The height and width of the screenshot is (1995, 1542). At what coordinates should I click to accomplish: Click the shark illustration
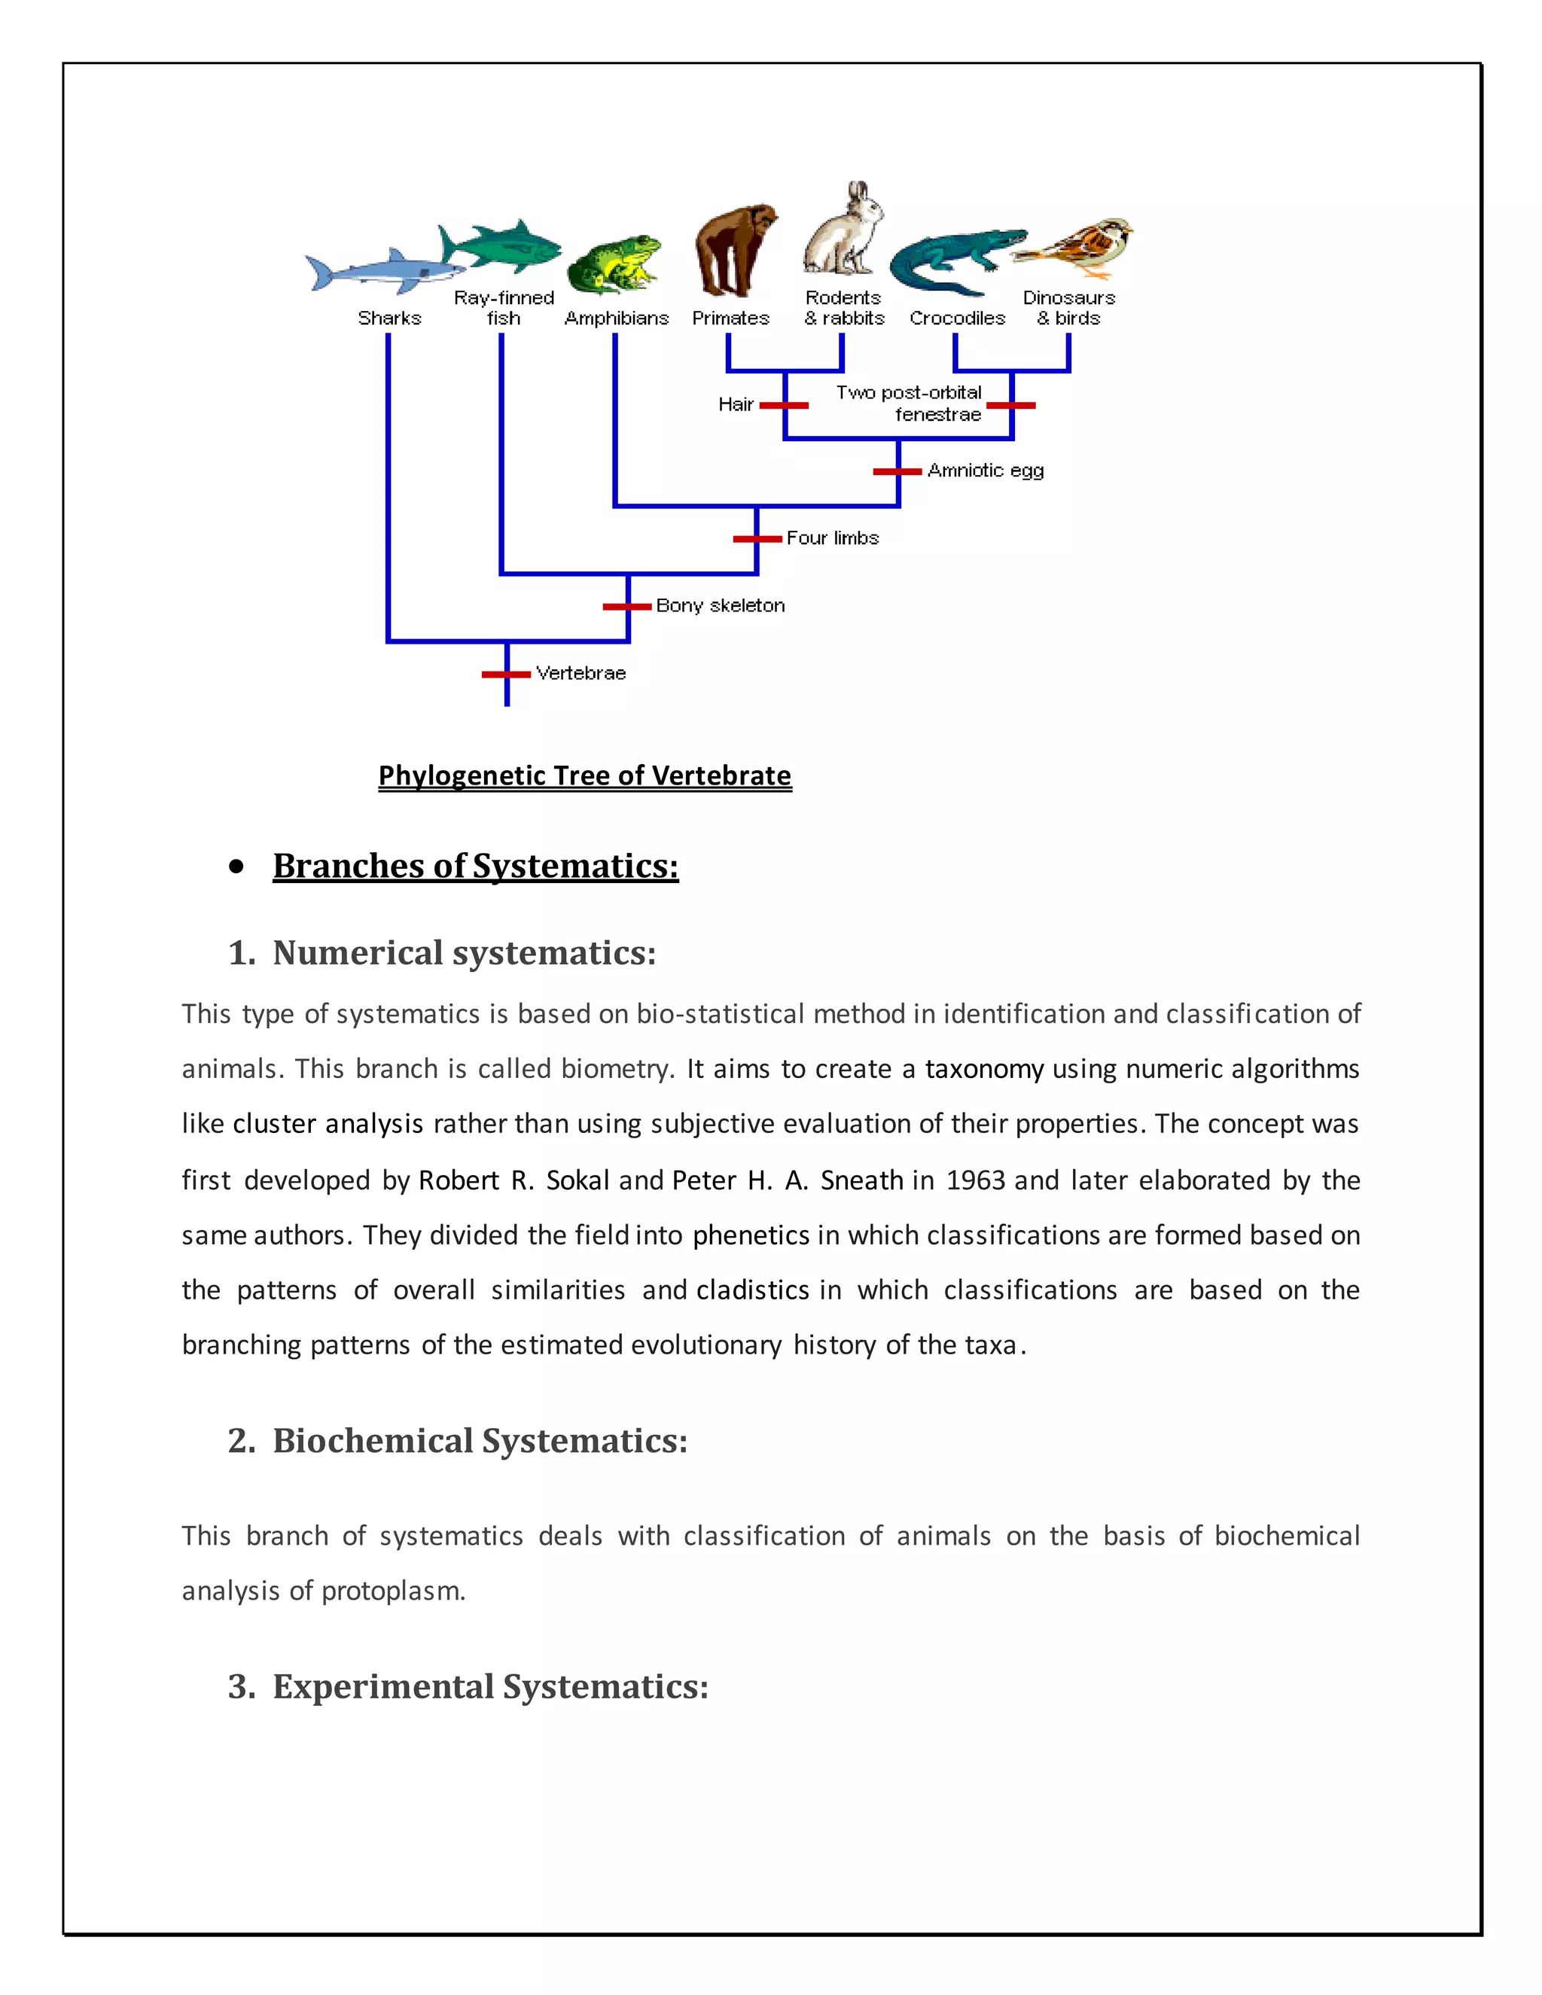(384, 270)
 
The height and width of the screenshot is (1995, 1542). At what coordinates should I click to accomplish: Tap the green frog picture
(614, 265)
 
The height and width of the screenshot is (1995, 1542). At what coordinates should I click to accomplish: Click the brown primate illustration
(733, 248)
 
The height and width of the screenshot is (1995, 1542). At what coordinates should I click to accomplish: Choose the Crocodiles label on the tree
(956, 318)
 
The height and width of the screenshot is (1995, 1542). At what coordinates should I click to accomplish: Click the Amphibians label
(617, 318)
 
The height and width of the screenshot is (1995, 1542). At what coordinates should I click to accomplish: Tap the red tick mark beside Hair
(784, 405)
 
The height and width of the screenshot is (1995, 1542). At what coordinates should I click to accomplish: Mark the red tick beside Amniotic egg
(897, 471)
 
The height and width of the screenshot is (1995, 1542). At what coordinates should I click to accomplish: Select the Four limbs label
(832, 538)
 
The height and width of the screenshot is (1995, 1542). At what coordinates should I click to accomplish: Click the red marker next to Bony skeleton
(626, 605)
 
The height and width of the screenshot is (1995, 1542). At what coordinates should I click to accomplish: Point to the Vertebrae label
(581, 673)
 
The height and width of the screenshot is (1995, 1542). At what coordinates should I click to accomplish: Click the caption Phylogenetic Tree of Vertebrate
(584, 775)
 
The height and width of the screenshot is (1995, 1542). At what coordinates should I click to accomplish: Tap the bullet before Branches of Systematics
(237, 866)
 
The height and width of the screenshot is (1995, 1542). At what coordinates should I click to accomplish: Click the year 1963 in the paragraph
(975, 1180)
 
